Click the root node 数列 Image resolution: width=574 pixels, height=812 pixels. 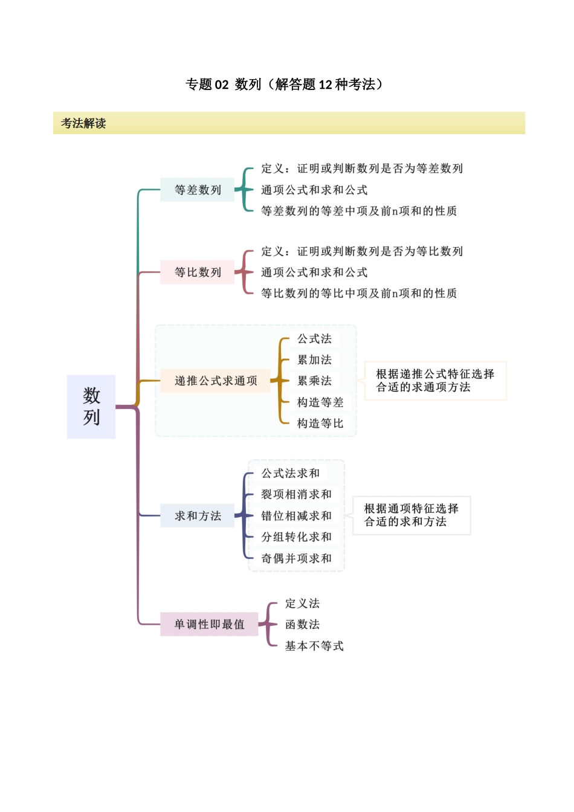[91, 407]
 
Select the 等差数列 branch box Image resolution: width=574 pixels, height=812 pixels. [198, 190]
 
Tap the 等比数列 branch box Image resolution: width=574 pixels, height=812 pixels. [198, 272]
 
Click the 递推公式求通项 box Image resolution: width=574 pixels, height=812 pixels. [216, 381]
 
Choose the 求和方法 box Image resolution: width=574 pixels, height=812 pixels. [198, 516]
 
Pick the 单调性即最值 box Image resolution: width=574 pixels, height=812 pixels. [209, 624]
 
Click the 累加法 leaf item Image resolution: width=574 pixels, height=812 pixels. [314, 360]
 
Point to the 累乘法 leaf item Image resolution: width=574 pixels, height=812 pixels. [314, 381]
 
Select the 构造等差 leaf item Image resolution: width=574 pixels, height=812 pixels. [320, 402]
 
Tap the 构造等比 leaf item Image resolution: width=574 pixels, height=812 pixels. [320, 424]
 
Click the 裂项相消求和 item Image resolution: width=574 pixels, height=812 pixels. [296, 494]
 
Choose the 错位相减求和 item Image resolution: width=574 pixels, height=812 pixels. [296, 516]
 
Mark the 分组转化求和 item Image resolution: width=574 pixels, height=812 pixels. [296, 537]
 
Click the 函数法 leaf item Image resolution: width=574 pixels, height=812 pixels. [302, 625]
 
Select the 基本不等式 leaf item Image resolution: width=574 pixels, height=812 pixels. [314, 646]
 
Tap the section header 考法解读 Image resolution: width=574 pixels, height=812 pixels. [83, 123]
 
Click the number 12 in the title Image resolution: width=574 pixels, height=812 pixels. [326, 85]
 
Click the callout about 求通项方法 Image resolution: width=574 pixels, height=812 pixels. [435, 381]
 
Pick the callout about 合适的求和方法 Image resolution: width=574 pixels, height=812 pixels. [411, 515]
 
